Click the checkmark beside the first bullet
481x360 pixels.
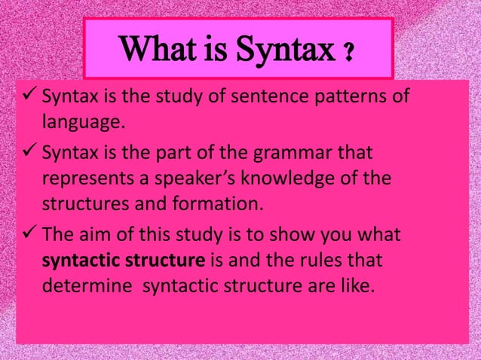27,96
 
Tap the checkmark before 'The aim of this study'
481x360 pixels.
27,234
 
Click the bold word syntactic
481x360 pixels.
78,260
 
